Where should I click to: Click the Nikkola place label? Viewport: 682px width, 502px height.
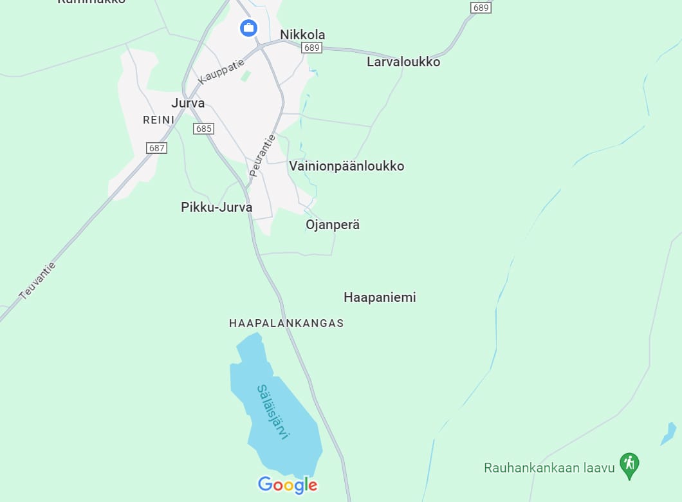click(302, 35)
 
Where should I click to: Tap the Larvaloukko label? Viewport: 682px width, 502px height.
click(403, 62)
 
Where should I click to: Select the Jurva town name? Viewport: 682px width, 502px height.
click(188, 103)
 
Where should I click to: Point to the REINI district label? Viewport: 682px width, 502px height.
click(158, 120)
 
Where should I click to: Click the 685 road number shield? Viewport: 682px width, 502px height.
click(203, 129)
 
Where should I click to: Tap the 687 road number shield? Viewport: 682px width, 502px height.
click(156, 148)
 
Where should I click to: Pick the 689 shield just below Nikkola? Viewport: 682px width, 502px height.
click(311, 48)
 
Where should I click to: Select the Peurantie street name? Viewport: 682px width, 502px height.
click(263, 155)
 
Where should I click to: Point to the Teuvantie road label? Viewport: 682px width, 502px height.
click(38, 281)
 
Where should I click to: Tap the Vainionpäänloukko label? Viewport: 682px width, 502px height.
click(347, 166)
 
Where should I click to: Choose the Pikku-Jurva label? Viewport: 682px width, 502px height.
click(217, 207)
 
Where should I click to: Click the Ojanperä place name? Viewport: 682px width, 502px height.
click(333, 225)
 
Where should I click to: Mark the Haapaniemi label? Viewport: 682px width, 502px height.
click(380, 297)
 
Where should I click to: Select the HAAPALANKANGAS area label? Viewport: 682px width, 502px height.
click(286, 323)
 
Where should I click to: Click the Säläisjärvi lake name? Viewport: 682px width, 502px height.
click(273, 412)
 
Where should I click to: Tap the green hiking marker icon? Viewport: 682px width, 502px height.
click(629, 463)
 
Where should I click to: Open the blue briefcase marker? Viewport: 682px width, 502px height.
click(248, 28)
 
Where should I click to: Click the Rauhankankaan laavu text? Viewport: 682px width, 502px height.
click(549, 468)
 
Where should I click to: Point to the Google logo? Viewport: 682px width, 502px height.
click(288, 485)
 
